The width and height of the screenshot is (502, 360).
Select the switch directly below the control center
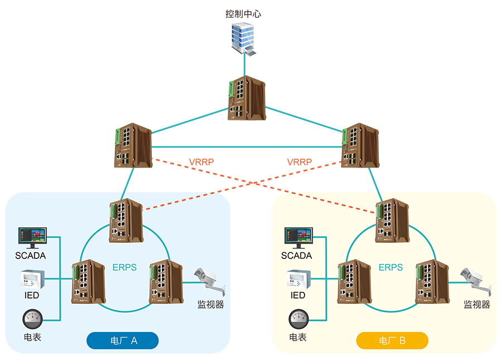click(x=245, y=99)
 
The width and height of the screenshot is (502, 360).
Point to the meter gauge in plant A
click(x=32, y=320)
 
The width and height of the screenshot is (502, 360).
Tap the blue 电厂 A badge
click(x=123, y=340)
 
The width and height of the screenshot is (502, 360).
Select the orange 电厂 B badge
click(x=392, y=340)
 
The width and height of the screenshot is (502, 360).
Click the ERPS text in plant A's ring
click(x=124, y=267)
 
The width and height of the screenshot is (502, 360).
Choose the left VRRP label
click(x=202, y=162)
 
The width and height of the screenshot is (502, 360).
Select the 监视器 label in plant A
click(x=211, y=305)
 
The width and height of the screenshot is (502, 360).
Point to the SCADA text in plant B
click(x=297, y=256)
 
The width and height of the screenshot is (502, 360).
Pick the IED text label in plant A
click(x=32, y=295)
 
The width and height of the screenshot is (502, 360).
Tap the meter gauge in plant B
click(x=299, y=320)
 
